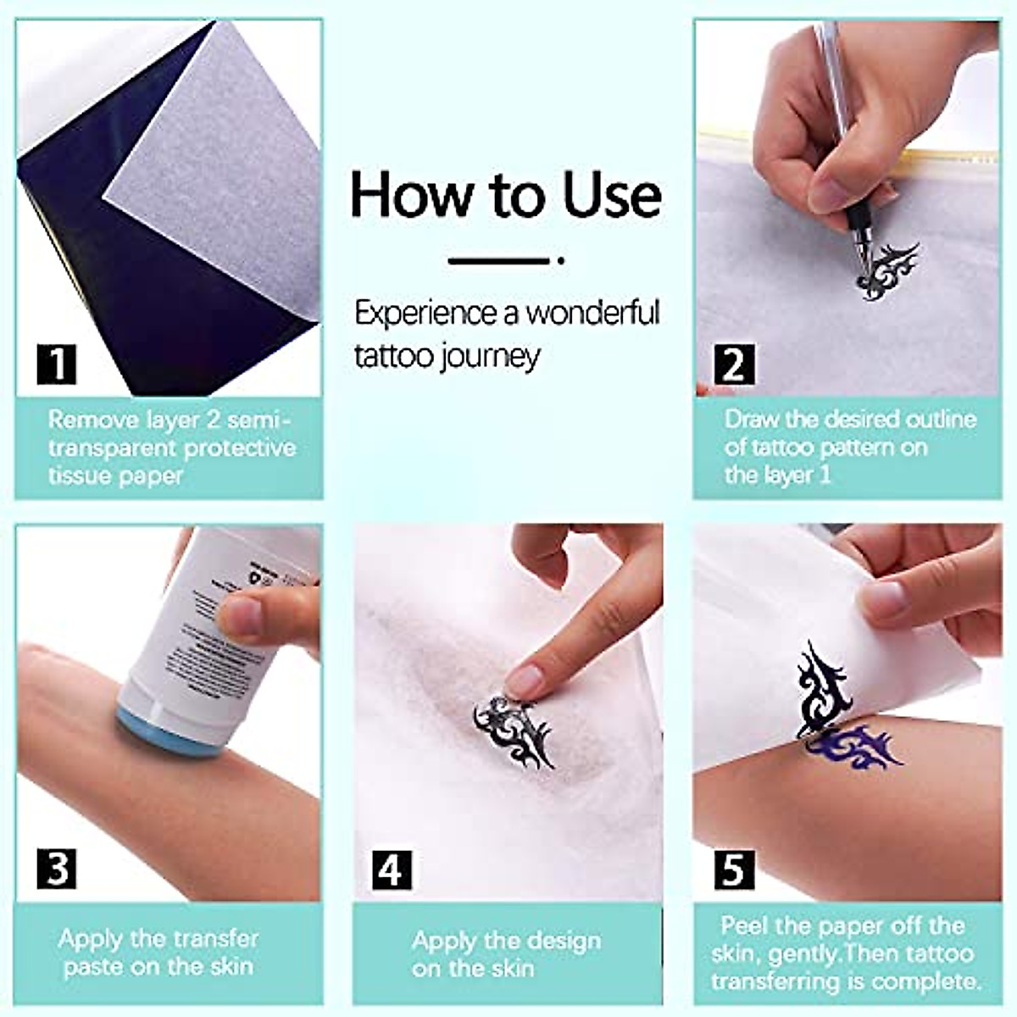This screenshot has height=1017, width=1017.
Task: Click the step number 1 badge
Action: (x=57, y=364)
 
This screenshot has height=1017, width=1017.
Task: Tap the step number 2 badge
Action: (x=733, y=364)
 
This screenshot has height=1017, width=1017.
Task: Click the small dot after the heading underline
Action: (x=561, y=261)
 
